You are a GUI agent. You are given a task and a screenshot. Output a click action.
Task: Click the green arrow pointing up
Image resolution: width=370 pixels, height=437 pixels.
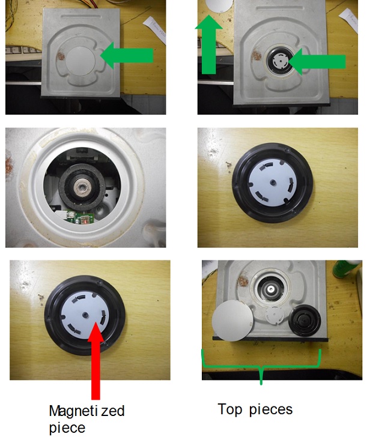(208, 44)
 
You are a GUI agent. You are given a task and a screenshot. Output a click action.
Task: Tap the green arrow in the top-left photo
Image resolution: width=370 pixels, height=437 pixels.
(127, 55)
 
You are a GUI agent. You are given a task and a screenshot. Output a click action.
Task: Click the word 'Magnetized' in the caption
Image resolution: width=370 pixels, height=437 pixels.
(86, 411)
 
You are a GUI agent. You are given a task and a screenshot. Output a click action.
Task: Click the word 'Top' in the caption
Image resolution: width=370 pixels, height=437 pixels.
(230, 409)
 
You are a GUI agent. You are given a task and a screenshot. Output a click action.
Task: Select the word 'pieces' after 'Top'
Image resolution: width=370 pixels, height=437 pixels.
(271, 410)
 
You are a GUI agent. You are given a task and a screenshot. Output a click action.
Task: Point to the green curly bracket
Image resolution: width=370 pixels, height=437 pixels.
(261, 366)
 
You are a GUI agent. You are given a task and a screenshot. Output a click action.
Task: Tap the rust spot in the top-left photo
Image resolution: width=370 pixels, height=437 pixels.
(61, 56)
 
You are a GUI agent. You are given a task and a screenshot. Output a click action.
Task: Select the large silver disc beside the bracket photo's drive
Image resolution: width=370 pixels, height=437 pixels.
(232, 321)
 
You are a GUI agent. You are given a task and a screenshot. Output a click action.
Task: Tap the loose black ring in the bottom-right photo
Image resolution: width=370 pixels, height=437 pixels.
(305, 321)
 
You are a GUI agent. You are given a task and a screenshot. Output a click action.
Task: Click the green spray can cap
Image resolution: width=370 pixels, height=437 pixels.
(345, 269)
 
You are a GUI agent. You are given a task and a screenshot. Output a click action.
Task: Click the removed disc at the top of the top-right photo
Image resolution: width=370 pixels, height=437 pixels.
(219, 6)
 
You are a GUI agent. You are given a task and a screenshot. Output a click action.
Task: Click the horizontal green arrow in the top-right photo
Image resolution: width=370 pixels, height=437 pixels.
(317, 62)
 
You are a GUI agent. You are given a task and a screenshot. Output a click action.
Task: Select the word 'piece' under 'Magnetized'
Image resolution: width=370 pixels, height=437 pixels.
(67, 428)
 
